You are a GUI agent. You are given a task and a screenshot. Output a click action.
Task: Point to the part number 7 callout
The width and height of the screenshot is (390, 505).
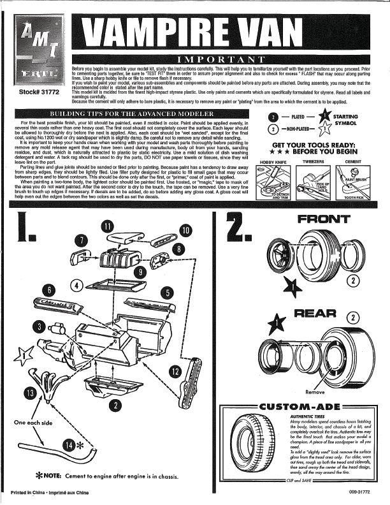[82, 240]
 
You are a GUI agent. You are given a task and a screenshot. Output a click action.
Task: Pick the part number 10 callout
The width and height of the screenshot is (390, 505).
[185, 230]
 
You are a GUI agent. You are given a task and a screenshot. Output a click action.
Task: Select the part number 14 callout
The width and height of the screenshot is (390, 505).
[70, 443]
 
